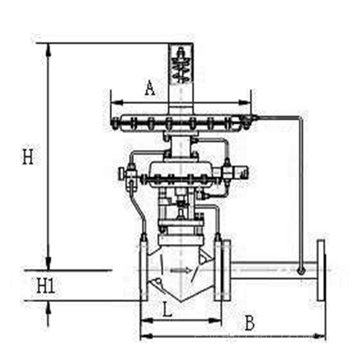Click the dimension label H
pyautogui.click(x=28, y=156)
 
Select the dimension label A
pyautogui.click(x=150, y=88)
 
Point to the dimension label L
pyautogui.click(x=167, y=309)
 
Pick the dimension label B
pyautogui.click(x=250, y=323)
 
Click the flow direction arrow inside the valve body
pyautogui.click(x=181, y=270)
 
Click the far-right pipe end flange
pyautogui.click(x=321, y=270)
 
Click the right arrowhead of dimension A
pyautogui.click(x=245, y=103)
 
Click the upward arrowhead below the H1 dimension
pyautogui.click(x=48, y=307)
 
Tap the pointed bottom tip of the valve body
pyautogui.click(x=181, y=301)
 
